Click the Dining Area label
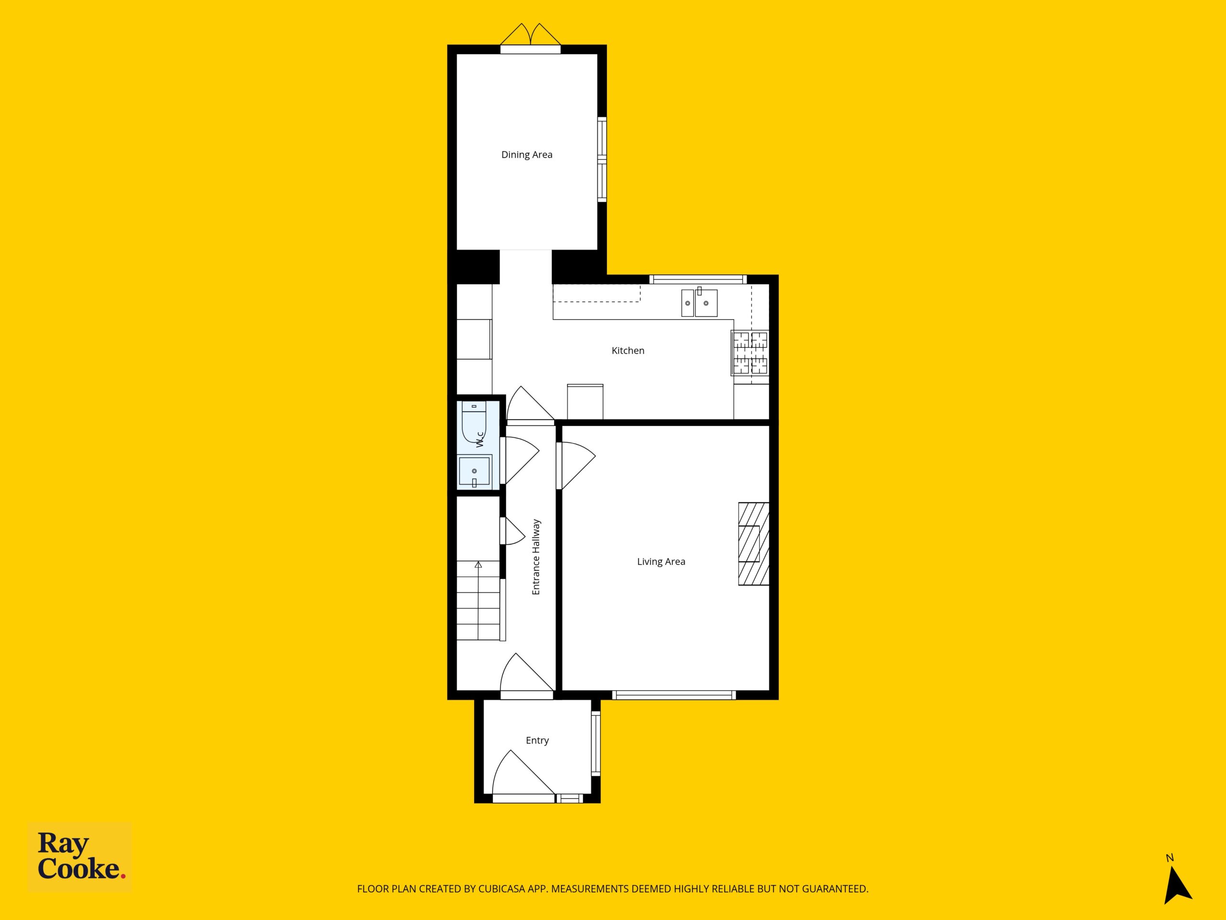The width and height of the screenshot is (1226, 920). click(x=526, y=155)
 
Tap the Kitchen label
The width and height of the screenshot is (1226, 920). click(x=628, y=350)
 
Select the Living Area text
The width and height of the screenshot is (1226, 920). click(x=661, y=562)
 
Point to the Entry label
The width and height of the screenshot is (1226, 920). click(x=537, y=740)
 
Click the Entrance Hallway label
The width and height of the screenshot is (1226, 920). click(x=536, y=557)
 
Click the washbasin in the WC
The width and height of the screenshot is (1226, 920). click(x=475, y=471)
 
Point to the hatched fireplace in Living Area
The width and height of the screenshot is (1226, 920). click(x=754, y=543)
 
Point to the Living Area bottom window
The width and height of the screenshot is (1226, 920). click(x=674, y=694)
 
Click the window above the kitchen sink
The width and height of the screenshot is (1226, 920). click(x=698, y=279)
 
